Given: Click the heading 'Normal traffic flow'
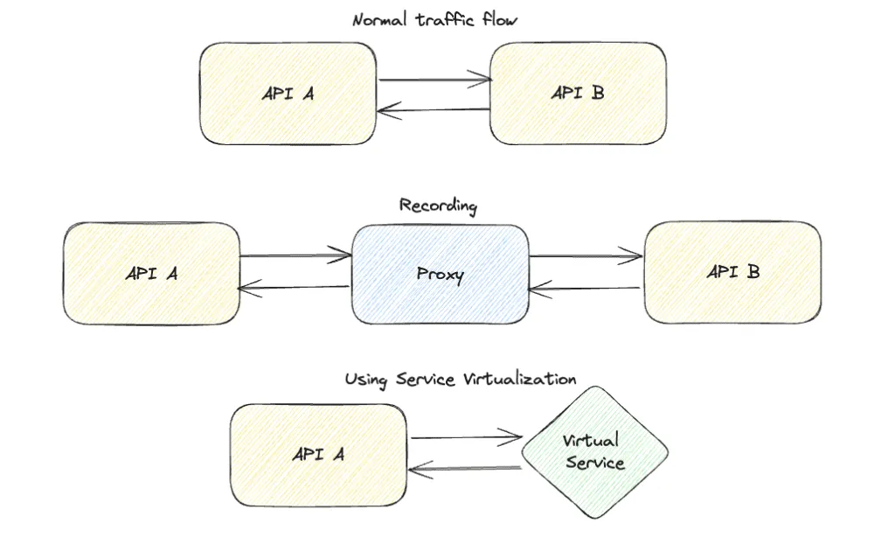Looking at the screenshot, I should (x=434, y=19).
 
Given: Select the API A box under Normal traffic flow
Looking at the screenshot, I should (x=288, y=94).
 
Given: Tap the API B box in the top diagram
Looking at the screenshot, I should (x=577, y=93).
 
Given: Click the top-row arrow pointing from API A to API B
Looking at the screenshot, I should (x=434, y=81).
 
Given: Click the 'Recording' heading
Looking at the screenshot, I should (x=438, y=206).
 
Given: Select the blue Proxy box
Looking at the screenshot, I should (x=440, y=274).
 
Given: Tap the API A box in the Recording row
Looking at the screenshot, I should (x=151, y=273).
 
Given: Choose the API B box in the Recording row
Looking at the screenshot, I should (x=732, y=272).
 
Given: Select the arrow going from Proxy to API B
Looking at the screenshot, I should (x=586, y=257).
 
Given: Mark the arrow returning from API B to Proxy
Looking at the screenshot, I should (x=586, y=289).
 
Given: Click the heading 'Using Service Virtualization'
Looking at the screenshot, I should (x=460, y=380).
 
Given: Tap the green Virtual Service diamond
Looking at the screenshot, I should (x=594, y=452).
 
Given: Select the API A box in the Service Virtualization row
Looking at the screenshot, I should (x=318, y=455).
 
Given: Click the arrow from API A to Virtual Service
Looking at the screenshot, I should (x=465, y=437).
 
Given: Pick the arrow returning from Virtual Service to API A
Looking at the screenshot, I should (x=465, y=470).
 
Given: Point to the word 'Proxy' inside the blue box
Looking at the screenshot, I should (x=440, y=274).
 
